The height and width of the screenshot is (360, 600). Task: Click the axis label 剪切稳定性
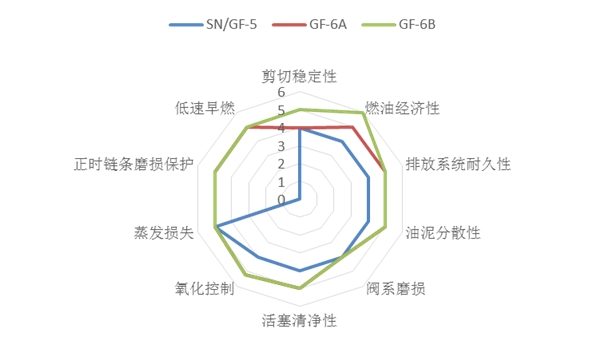300,76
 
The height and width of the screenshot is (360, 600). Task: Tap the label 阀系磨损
396,290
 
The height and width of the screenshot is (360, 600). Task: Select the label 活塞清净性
299,321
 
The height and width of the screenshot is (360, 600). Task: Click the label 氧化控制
204,290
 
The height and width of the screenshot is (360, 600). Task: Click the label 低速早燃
204,107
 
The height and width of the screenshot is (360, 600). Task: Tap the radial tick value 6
281,93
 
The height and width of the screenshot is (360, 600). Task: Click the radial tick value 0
281,200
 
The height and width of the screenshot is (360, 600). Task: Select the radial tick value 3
281,146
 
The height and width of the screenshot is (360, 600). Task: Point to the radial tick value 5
281,111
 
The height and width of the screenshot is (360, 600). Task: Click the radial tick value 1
281,182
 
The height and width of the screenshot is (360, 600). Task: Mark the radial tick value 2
281,164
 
